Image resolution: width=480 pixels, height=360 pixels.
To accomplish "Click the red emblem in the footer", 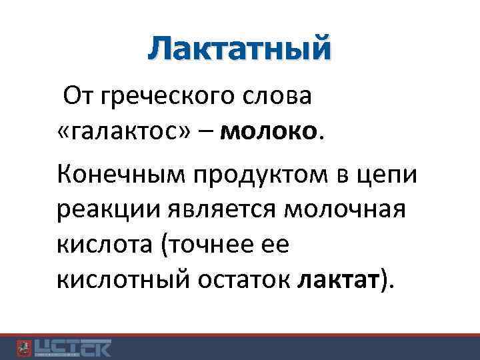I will coord(23,347).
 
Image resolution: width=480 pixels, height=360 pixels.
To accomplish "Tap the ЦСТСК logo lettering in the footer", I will coord(73,347).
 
